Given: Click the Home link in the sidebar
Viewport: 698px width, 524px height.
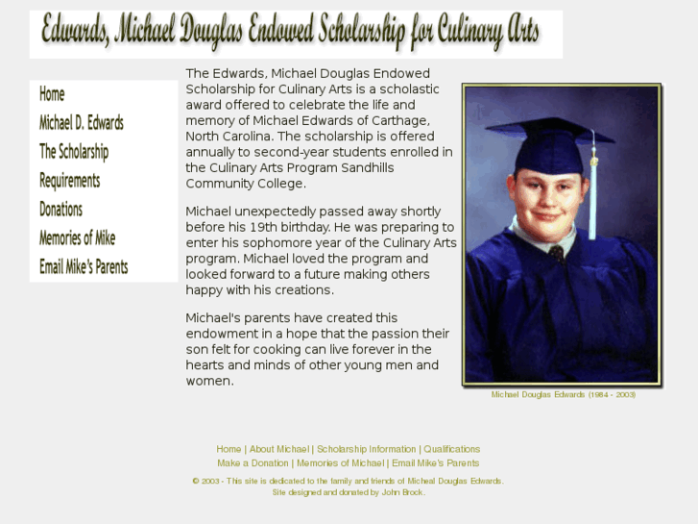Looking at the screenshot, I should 52,94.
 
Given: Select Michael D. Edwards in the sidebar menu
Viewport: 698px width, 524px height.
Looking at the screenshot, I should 81,123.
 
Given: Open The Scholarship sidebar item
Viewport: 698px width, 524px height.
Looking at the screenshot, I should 73,152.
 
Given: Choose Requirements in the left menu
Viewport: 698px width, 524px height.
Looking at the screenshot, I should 69,181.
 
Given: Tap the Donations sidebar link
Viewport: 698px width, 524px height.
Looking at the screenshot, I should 60,210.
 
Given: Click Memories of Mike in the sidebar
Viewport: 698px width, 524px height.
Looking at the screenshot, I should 77,238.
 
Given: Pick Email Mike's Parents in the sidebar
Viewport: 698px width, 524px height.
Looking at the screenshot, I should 84,267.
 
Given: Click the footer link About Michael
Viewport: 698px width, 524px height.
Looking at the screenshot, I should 279,449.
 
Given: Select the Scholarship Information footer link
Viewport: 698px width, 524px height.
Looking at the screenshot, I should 367,449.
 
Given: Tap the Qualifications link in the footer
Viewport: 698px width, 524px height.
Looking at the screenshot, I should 452,449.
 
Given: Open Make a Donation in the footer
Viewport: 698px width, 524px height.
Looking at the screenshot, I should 253,463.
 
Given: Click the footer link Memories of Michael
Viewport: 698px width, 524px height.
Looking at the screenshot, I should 340,463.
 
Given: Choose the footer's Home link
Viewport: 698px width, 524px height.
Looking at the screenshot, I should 229,449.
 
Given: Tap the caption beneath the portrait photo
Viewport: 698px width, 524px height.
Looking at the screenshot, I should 563,395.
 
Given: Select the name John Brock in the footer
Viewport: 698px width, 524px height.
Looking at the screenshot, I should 403,492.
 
